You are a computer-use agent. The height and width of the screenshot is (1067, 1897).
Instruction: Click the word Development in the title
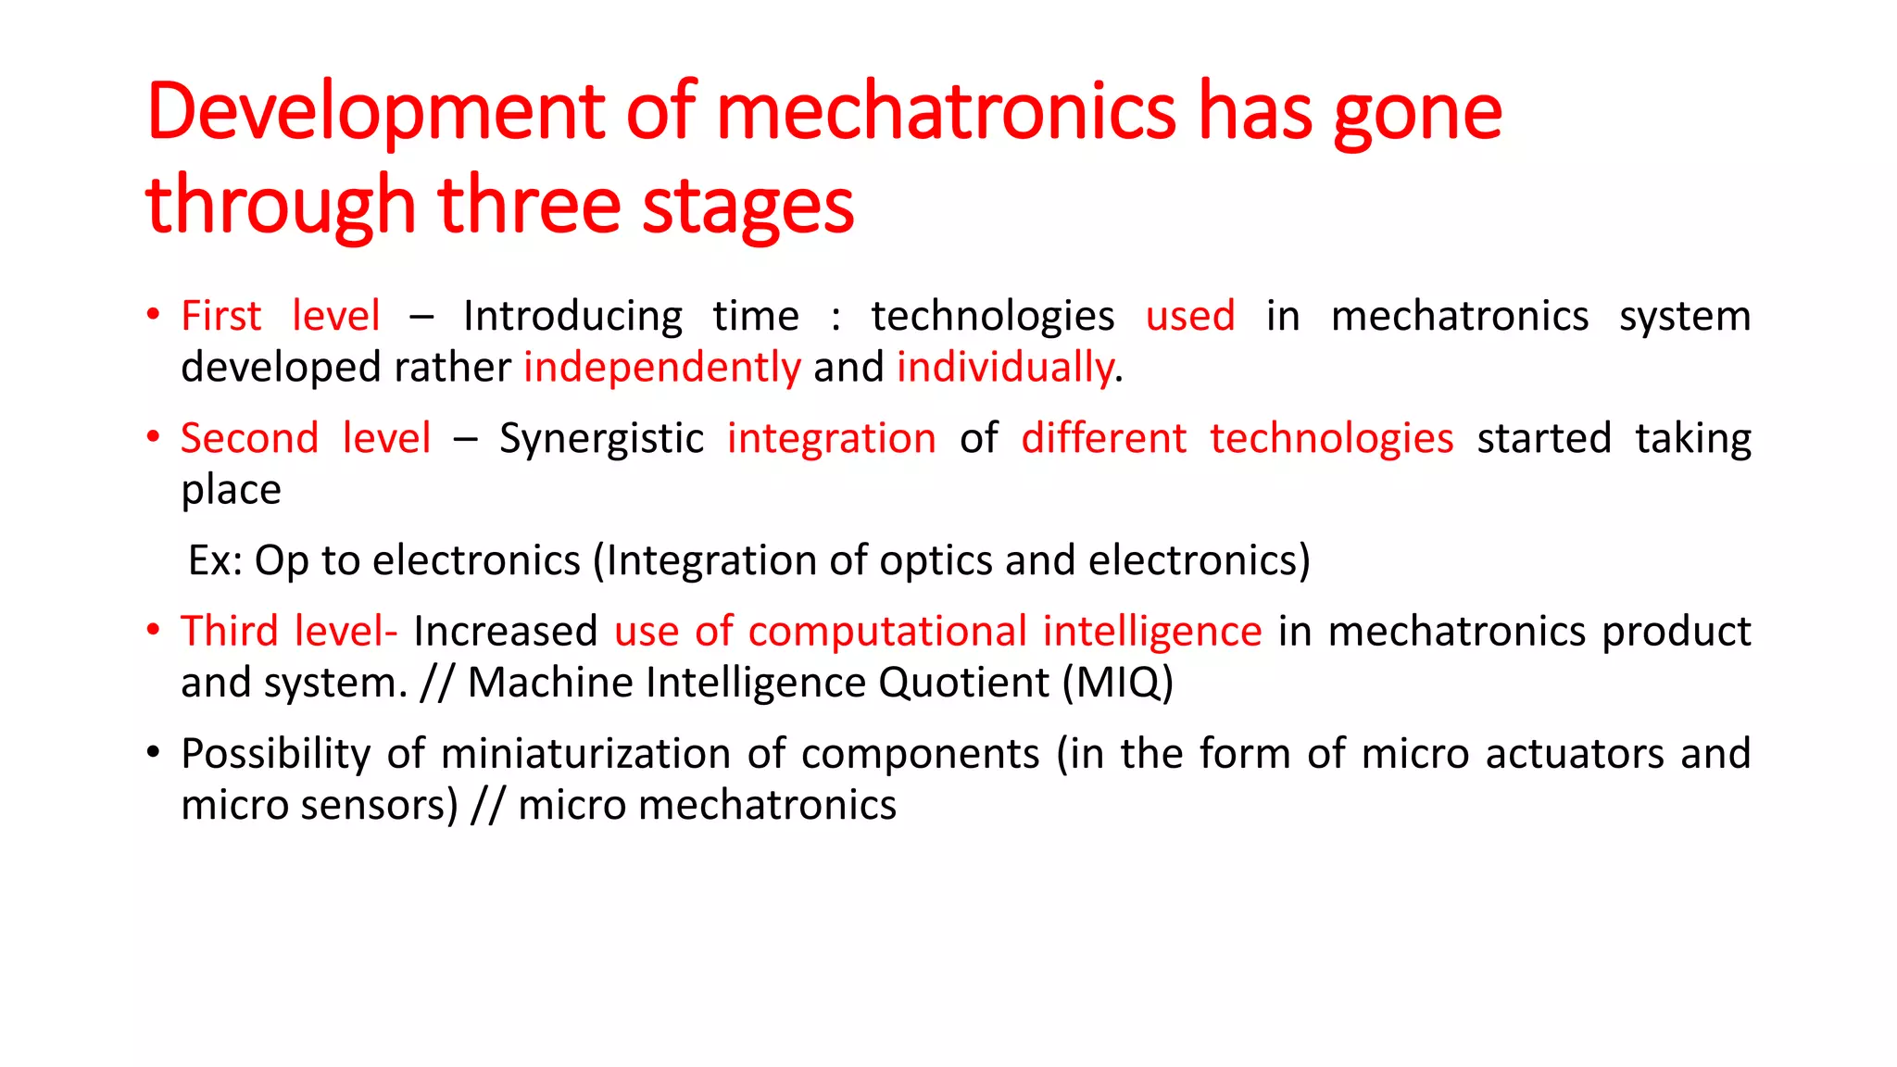tap(375, 113)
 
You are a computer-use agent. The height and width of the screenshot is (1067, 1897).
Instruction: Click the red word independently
tap(662, 368)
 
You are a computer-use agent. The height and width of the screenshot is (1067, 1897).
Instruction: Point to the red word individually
tap(1005, 368)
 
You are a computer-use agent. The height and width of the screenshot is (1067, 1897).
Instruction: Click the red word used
tap(1190, 317)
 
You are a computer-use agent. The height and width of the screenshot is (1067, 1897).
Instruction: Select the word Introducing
tap(572, 317)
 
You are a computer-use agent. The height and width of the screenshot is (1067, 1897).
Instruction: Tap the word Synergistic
tap(601, 439)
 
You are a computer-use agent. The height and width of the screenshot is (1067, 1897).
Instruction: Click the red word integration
tap(831, 439)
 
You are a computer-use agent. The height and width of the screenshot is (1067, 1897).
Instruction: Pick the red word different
tap(1103, 439)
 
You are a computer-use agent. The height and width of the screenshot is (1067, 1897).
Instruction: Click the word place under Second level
tap(231, 490)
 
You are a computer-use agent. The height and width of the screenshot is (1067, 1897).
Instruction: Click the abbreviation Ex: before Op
tap(215, 561)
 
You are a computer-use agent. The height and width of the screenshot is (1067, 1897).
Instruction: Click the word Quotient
tap(963, 684)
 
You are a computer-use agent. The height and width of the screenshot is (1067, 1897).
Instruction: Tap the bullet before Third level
tap(154, 629)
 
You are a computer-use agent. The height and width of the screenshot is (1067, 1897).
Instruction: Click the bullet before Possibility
tap(154, 751)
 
